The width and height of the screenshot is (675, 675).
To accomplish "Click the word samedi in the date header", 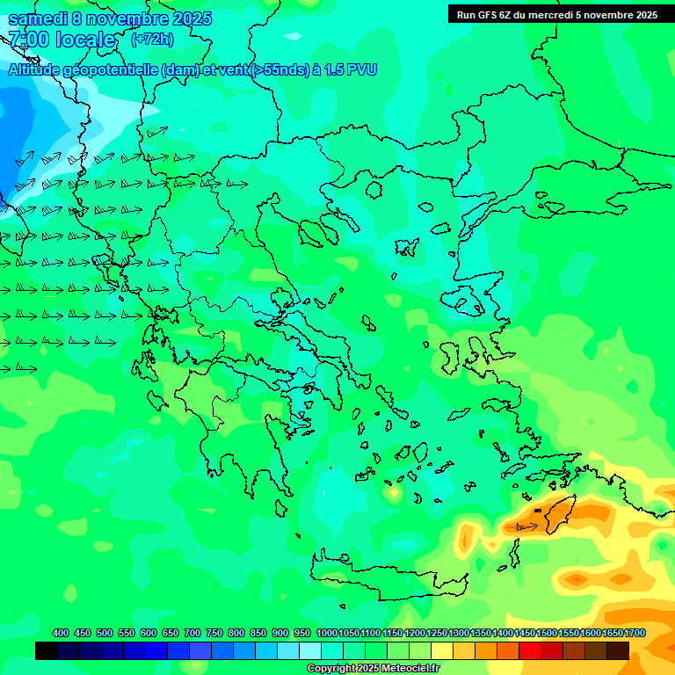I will click(38, 18).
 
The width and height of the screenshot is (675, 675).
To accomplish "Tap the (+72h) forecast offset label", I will click(151, 39).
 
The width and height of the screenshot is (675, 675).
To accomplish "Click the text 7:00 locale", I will click(62, 40).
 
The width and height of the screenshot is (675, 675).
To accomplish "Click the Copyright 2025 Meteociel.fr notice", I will click(374, 668).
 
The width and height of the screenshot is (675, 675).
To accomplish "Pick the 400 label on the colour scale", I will click(61, 633).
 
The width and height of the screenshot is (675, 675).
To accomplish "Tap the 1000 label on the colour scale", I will click(326, 633).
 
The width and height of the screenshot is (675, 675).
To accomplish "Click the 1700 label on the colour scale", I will click(635, 633).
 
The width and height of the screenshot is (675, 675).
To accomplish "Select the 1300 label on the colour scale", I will click(459, 633).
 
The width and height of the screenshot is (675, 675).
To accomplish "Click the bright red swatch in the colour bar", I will click(530, 650).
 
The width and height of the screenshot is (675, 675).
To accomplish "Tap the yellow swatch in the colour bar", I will click(442, 650).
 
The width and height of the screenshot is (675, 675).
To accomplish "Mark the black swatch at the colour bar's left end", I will click(47, 650).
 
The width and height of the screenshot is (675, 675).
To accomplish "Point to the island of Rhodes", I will click(559, 514).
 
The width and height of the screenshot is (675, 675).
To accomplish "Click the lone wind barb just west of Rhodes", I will click(526, 526).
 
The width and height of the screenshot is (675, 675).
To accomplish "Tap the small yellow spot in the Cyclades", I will click(392, 494).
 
